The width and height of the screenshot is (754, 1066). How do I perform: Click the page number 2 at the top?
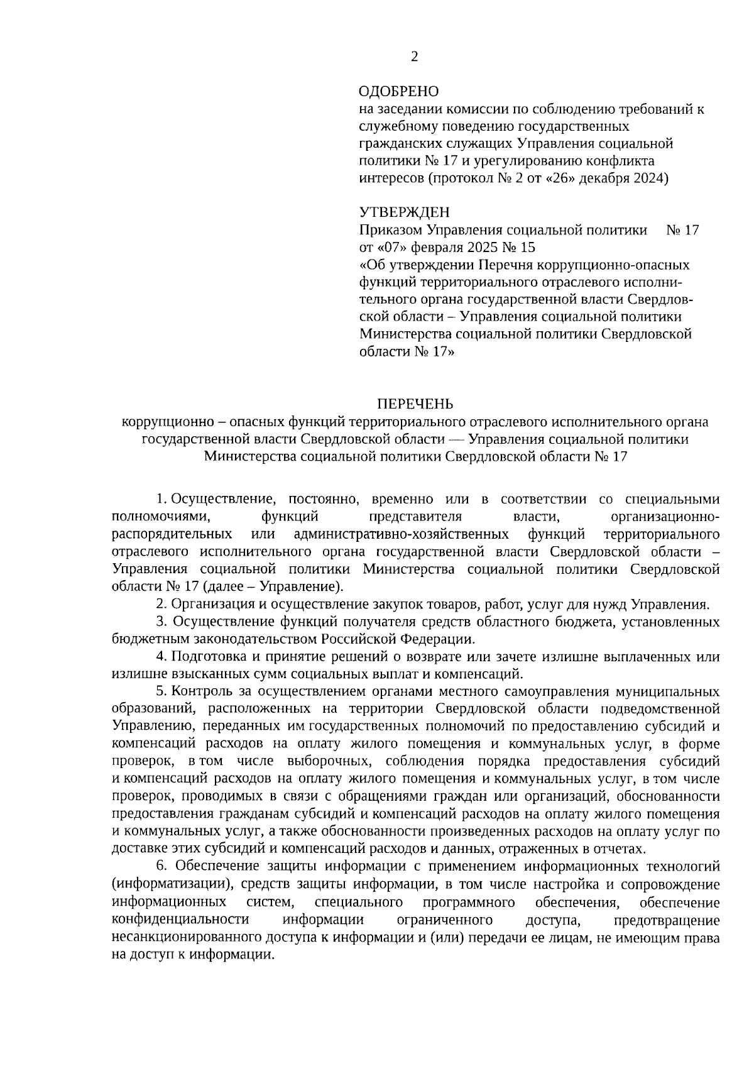pyautogui.click(x=414, y=57)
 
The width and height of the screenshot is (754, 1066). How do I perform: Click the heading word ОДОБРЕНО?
pyautogui.click(x=398, y=92)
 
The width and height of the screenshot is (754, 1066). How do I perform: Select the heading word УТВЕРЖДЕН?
pyautogui.click(x=404, y=212)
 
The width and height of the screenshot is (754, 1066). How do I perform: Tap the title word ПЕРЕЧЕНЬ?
pyautogui.click(x=415, y=404)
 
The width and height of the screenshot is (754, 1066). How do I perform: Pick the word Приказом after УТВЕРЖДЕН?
pyautogui.click(x=390, y=230)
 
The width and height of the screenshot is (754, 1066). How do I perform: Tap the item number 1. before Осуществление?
pyautogui.click(x=161, y=500)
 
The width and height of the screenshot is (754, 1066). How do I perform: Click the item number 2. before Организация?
pyautogui.click(x=161, y=605)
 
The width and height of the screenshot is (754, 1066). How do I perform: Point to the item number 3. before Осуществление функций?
pyautogui.click(x=161, y=622)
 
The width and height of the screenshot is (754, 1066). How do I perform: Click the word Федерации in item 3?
pyautogui.click(x=444, y=640)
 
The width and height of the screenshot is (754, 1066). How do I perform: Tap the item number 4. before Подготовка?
pyautogui.click(x=161, y=657)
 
